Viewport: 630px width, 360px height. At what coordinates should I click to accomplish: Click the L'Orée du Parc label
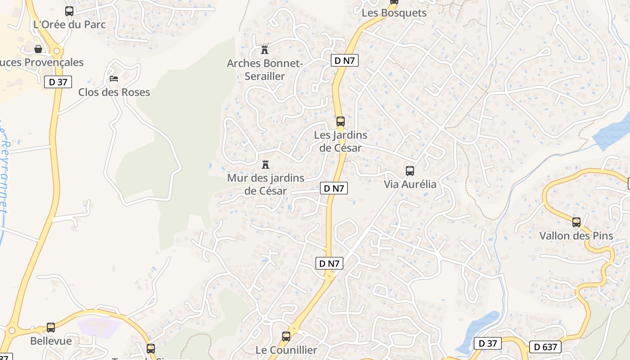69,24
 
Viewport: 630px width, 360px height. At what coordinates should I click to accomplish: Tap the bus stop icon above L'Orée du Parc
69,11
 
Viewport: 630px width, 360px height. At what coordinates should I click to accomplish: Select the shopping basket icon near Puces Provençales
38,49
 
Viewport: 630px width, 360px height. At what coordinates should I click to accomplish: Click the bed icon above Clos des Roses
114,79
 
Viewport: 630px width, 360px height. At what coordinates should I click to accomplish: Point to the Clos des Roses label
114,92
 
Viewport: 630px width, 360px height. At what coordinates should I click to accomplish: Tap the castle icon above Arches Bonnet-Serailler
265,49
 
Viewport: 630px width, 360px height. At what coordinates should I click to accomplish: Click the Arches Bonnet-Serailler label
265,70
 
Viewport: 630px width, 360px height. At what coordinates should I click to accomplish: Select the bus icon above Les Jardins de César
341,121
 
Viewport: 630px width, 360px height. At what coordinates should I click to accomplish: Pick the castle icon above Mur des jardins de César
265,164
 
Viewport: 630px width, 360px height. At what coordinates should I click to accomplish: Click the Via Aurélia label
410,184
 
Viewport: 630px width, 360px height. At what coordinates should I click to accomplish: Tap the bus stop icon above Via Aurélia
409,171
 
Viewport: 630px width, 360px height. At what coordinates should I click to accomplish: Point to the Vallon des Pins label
576,236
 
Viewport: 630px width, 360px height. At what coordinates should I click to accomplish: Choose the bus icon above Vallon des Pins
576,222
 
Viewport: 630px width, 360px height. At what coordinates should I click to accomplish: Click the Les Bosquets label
394,13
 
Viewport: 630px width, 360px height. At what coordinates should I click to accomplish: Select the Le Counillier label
286,350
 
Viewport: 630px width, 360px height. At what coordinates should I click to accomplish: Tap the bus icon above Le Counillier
286,336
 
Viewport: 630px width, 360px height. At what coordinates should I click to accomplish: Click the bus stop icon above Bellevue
51,328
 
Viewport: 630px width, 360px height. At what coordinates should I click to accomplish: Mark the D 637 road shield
545,347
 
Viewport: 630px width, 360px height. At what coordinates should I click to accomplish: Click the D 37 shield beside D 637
488,343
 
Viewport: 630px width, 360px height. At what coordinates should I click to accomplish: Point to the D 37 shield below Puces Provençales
58,82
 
